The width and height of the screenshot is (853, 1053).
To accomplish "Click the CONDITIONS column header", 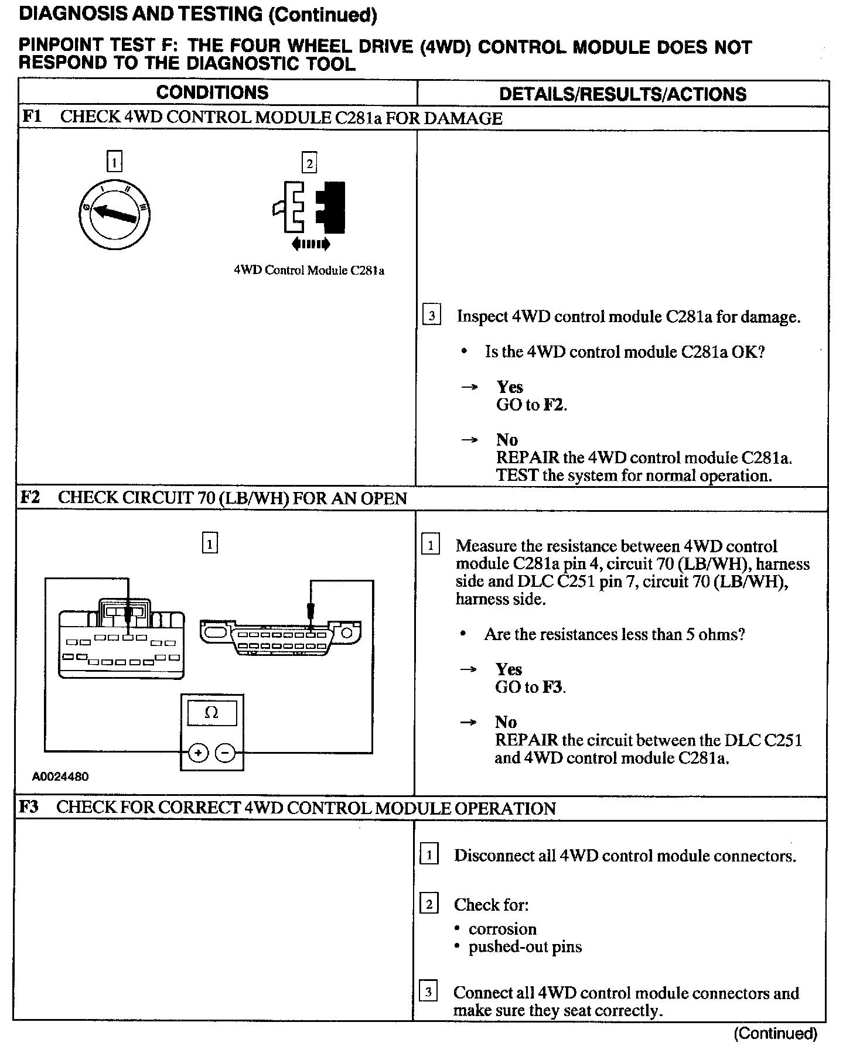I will pos(212,93).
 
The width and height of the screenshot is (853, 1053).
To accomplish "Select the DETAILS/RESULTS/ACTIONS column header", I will pos(622,94).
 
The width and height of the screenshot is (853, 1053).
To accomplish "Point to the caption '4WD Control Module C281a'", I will pos(309,271).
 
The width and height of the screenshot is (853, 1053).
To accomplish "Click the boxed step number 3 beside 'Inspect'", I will pos(431,316).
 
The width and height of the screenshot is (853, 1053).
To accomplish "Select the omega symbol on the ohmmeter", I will pos(211,713).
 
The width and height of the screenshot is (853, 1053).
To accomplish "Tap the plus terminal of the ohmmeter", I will pos(199,753).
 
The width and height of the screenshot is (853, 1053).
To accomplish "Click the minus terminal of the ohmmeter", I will pos(225,753).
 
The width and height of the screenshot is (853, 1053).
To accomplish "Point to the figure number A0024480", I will pos(60,777).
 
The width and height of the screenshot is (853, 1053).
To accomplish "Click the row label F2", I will pos(30,498).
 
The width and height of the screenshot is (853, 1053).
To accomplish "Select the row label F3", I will pos(29,807).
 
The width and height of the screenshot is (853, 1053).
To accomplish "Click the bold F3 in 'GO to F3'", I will pos(552,687).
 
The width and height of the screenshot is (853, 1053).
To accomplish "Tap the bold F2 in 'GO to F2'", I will pos(554,405).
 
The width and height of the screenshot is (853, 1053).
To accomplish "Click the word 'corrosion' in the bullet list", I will pos(503,929).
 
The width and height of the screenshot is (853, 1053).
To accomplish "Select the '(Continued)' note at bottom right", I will pos(775,1034).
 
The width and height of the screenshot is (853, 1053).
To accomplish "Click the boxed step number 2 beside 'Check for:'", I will pos(429,904).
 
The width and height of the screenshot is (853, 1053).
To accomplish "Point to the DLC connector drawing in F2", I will pos(281,638).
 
